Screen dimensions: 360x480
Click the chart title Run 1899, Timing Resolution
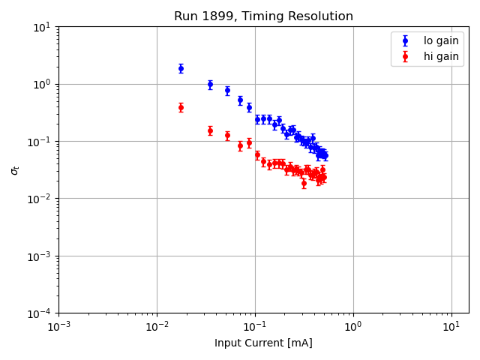point(263,16)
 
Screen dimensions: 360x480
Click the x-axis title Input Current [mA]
point(263,343)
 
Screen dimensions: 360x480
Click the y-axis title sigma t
point(14,170)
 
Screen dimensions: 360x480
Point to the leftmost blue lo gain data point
point(181,68)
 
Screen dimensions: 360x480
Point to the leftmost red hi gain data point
point(181,107)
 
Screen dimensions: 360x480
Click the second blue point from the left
point(210,85)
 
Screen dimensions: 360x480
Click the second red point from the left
point(210,130)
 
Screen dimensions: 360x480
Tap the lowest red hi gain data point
point(304,183)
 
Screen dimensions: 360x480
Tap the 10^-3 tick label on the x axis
point(58,327)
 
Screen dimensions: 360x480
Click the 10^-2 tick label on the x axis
point(157,327)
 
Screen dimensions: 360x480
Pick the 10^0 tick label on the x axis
point(353,327)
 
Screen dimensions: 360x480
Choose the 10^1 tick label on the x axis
point(451,327)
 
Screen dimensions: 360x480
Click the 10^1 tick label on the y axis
point(42,27)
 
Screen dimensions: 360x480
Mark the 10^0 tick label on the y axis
point(42,84)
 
